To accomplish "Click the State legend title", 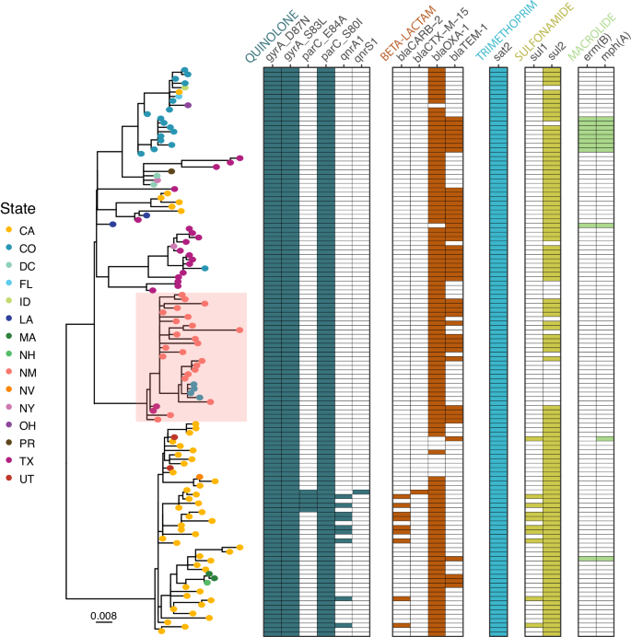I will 19,209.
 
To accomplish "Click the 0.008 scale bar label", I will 103,614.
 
